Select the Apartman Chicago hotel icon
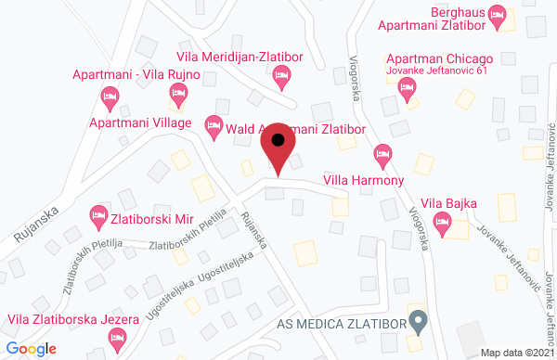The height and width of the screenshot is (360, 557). (x=406, y=87)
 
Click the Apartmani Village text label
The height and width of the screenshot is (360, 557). (x=140, y=122)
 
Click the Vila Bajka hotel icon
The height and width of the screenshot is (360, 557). (x=442, y=221)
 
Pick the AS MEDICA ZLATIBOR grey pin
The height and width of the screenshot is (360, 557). (x=419, y=323)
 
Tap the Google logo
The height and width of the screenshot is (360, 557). (x=31, y=348)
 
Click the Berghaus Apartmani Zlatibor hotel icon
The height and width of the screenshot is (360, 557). (x=497, y=14)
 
